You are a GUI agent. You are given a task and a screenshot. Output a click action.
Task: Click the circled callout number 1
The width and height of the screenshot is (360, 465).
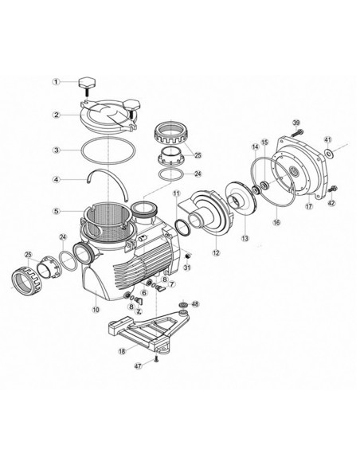57,81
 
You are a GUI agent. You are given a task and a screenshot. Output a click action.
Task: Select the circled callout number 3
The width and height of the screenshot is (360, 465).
57,149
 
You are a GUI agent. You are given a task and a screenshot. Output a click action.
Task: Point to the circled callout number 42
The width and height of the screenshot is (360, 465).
333,202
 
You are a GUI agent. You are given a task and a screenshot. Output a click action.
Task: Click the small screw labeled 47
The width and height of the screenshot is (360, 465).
157,359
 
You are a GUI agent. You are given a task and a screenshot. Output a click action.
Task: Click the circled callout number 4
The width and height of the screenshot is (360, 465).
57,179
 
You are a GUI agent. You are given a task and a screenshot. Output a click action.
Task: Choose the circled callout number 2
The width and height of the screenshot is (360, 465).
57,114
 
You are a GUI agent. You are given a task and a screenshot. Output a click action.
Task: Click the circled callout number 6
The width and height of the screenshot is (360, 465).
143,292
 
